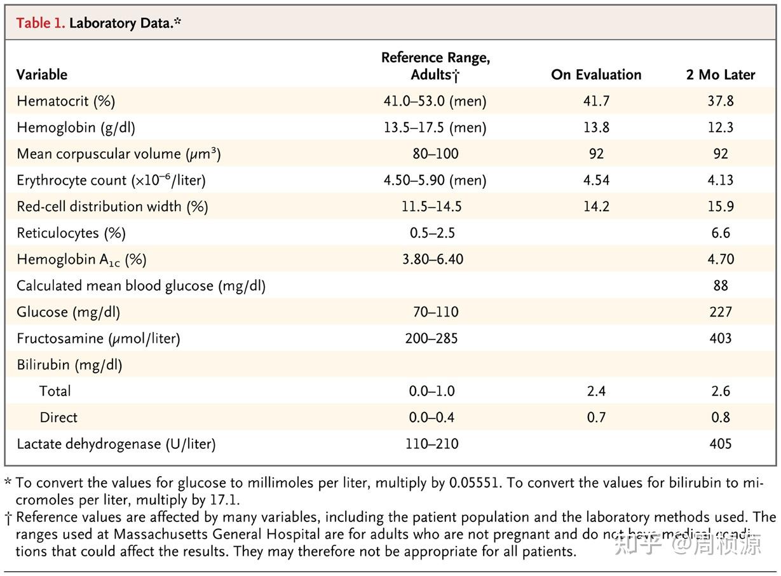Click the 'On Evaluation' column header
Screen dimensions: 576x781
(596, 74)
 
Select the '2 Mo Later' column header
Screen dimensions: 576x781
(721, 74)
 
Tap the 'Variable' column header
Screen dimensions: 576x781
(42, 74)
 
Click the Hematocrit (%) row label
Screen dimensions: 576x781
(66, 101)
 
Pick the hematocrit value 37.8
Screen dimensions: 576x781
(721, 101)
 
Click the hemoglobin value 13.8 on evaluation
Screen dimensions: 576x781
(596, 127)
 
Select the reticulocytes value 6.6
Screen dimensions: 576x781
(721, 233)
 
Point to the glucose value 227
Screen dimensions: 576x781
(721, 312)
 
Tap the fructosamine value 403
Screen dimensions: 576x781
(721, 338)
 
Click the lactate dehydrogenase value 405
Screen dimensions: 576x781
(721, 444)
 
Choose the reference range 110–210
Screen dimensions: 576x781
(432, 444)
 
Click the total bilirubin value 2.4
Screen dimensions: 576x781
(596, 391)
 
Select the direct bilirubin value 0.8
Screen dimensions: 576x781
(721, 418)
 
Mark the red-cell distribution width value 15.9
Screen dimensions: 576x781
(721, 207)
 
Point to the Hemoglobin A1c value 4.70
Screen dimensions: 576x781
(721, 259)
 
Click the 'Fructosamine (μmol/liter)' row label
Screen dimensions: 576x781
(98, 338)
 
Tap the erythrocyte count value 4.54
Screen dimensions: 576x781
(596, 180)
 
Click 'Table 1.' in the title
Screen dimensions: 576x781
(41, 24)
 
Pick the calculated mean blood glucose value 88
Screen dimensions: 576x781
(721, 285)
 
